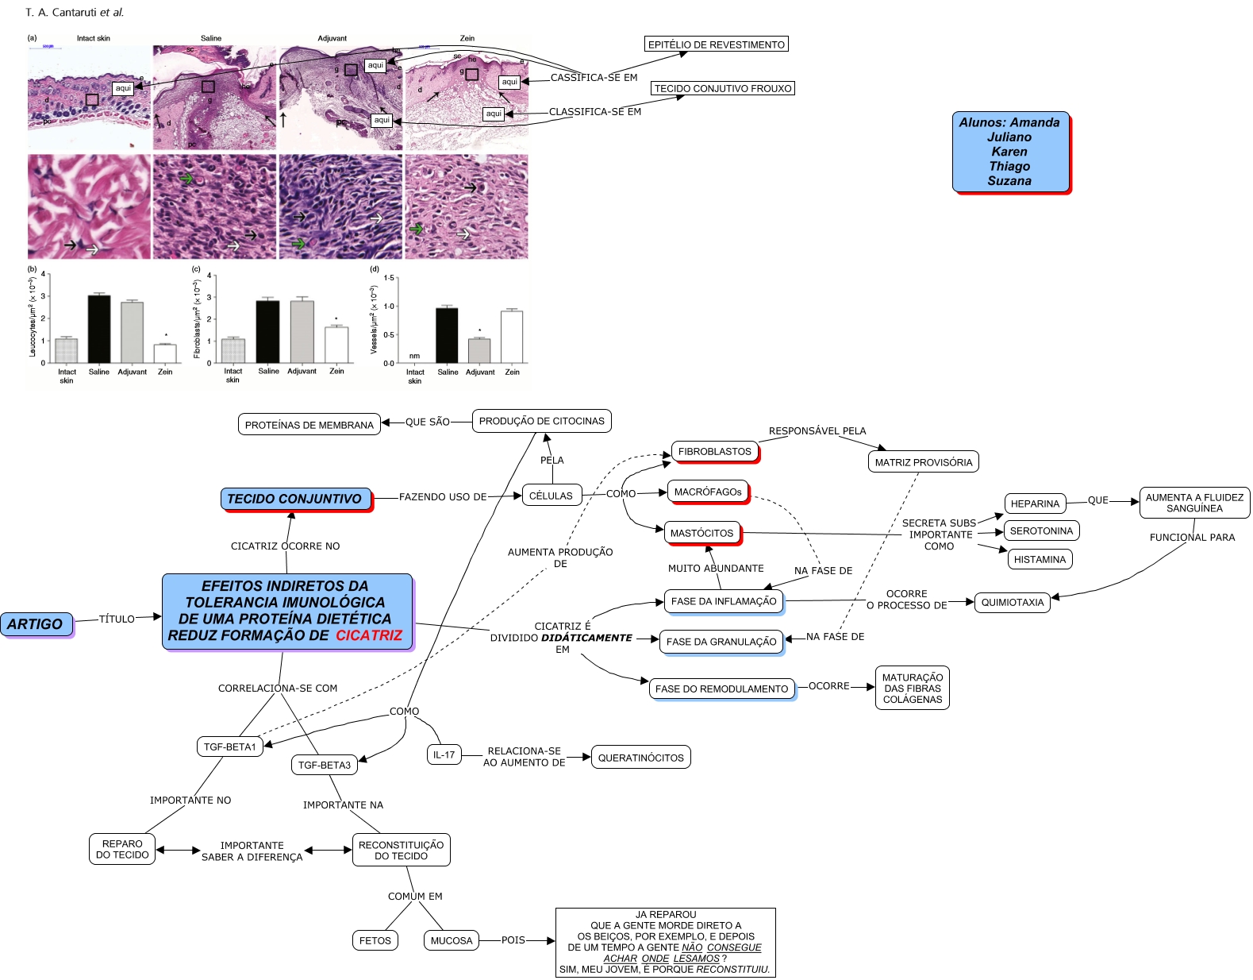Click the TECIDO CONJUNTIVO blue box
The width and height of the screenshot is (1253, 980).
[294, 499]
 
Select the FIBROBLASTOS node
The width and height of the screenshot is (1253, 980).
[714, 451]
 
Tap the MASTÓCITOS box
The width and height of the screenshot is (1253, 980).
[701, 533]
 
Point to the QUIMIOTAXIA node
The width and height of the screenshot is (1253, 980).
[1012, 602]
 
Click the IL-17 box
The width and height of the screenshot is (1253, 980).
[444, 754]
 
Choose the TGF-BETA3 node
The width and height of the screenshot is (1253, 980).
[324, 765]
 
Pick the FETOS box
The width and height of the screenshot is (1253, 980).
[375, 940]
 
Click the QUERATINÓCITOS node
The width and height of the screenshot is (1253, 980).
[640, 758]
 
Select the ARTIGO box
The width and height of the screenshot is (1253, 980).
[36, 624]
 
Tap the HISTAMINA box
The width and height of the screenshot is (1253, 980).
[1040, 559]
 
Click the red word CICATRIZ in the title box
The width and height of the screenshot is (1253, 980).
[368, 635]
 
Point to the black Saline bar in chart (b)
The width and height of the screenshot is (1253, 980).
[99, 329]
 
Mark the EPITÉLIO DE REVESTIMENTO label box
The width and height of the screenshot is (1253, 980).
[716, 44]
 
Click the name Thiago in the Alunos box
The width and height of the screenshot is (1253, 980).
[1009, 166]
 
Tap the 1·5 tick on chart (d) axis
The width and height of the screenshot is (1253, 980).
[389, 278]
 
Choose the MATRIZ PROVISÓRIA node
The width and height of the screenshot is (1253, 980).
[923, 462]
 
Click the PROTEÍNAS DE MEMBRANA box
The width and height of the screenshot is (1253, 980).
[309, 425]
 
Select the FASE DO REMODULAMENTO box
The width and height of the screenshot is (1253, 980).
[721, 689]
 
